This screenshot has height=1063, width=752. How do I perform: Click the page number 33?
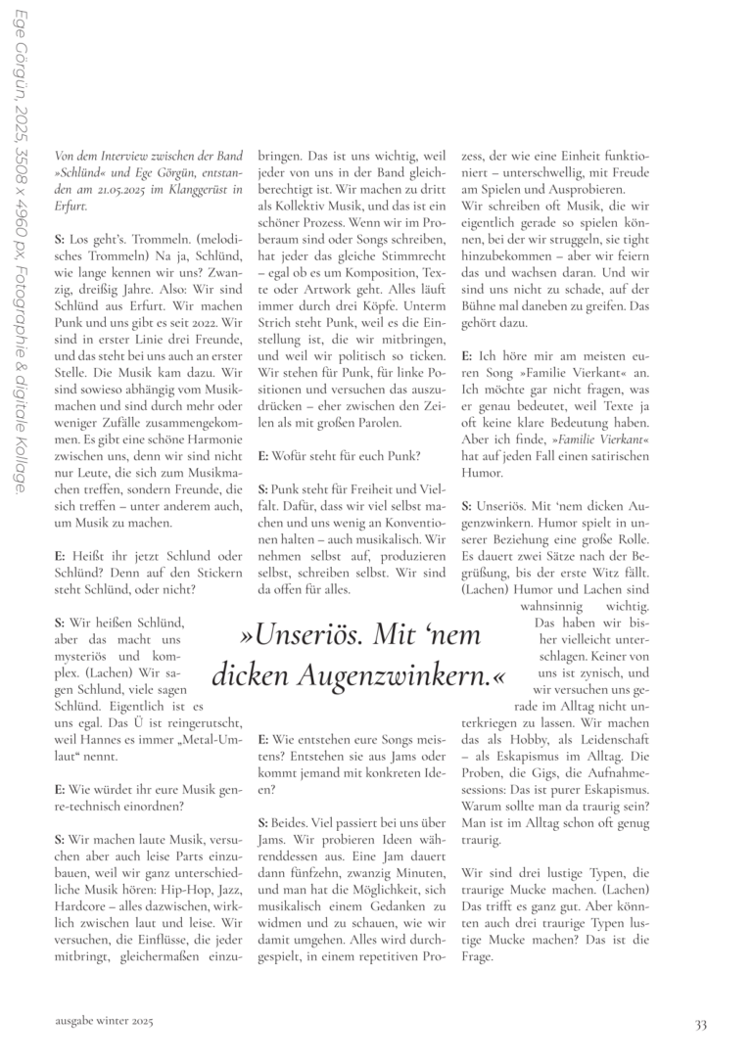[x=700, y=1024]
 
